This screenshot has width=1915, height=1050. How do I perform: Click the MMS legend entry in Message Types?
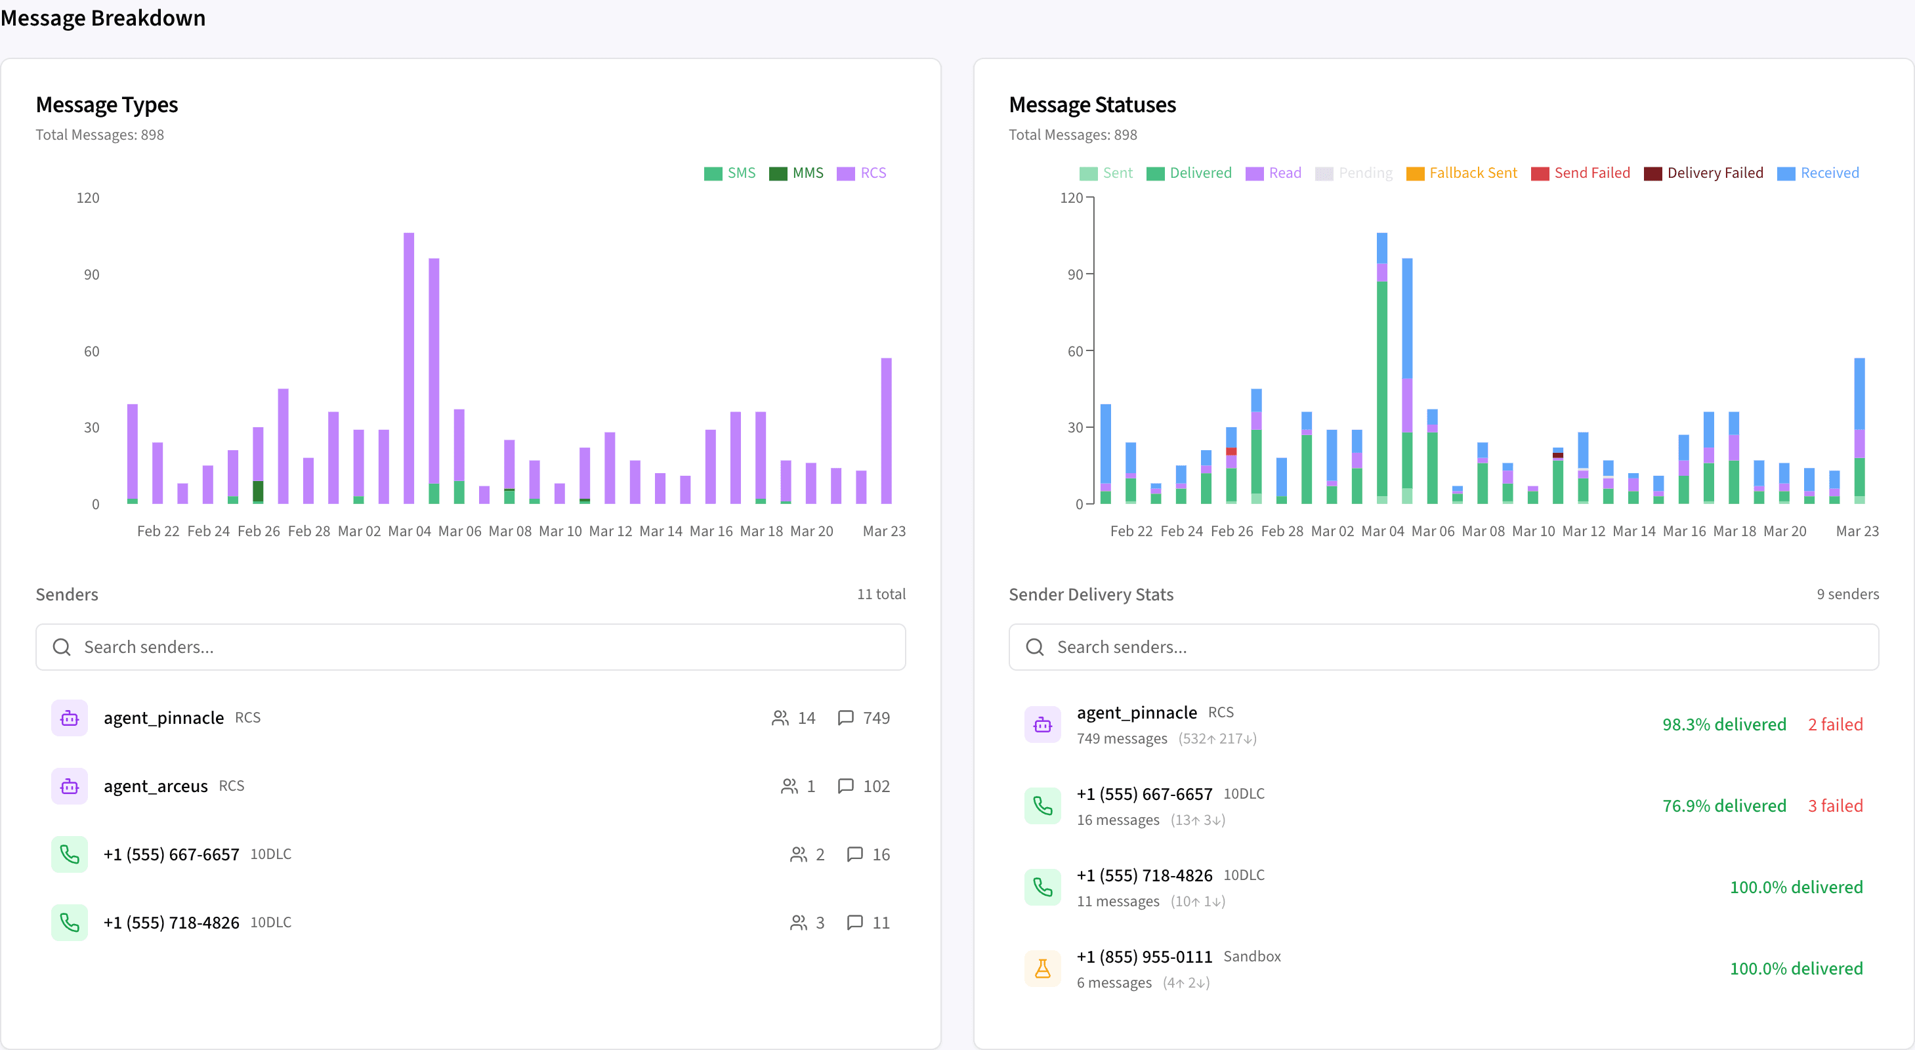point(797,173)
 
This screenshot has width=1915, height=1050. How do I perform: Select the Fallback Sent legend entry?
point(1462,173)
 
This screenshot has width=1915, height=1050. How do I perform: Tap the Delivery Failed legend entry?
point(1703,173)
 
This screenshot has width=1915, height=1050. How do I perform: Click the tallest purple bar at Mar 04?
point(409,368)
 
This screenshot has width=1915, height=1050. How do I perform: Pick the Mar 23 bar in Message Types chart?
point(886,430)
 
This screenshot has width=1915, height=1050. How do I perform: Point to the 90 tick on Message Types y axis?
point(91,274)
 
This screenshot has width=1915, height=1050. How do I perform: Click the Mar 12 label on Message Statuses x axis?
point(1584,531)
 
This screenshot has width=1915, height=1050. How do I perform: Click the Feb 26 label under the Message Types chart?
point(259,531)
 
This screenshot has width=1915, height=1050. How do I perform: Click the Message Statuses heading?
point(1091,105)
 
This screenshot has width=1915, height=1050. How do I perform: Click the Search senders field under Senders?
point(471,647)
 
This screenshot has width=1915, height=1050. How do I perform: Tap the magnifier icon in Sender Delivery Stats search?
point(1035,647)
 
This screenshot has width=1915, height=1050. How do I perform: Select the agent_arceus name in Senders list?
point(156,786)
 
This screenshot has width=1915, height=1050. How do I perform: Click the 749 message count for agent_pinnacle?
point(875,717)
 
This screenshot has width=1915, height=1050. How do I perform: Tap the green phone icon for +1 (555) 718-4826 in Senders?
point(69,923)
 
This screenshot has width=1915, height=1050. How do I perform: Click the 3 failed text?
point(1835,805)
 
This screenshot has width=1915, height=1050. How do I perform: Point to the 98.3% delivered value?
point(1723,724)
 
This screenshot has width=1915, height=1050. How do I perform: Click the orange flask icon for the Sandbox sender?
point(1042,968)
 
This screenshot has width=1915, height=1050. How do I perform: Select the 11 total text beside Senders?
point(881,594)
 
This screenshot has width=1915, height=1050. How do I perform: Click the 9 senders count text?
point(1847,594)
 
